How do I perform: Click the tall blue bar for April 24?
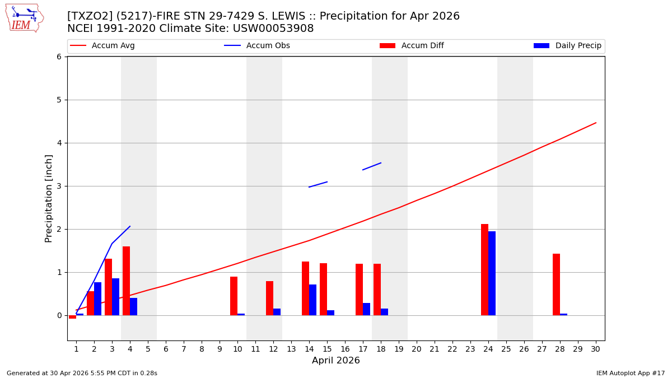click(492, 273)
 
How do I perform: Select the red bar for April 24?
click(484, 269)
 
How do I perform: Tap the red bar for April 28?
click(556, 284)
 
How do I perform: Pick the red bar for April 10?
click(234, 296)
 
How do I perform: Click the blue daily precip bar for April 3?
click(115, 297)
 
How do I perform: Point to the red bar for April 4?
click(126, 281)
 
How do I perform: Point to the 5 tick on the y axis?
click(58, 100)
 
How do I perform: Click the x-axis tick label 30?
click(595, 349)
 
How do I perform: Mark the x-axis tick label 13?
click(291, 349)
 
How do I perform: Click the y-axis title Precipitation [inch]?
click(49, 198)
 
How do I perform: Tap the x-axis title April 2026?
click(336, 361)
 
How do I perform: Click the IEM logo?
click(24, 18)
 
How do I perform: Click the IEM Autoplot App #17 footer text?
click(630, 373)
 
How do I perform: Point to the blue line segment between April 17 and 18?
click(372, 166)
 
